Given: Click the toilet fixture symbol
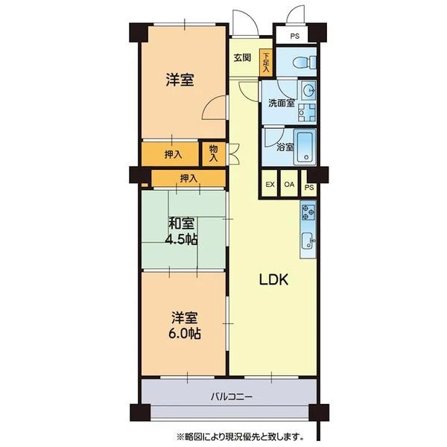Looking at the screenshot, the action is coord(305,62).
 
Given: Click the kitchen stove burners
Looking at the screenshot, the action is coord(308,212).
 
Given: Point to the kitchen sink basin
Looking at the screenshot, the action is coord(307,241).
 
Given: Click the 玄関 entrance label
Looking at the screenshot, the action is coord(242,58).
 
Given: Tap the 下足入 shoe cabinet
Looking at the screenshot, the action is coord(266,63).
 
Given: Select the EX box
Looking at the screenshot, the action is coord(270,183).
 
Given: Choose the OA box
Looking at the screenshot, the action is coord(289,183).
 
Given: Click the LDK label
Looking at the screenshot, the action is coord(274,279).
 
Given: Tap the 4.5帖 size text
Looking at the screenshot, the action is coord(181,239).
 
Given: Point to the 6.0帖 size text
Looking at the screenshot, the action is coord(185,333).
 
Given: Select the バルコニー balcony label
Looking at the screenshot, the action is coord(232,396).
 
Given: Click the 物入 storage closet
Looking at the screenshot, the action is coord(214,154).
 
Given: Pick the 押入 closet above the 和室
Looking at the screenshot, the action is coord(188,179).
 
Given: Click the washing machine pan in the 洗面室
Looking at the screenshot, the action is coord(307,112).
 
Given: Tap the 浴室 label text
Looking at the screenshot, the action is coord(285,148).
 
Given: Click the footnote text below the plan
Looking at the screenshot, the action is coord(240,436).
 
